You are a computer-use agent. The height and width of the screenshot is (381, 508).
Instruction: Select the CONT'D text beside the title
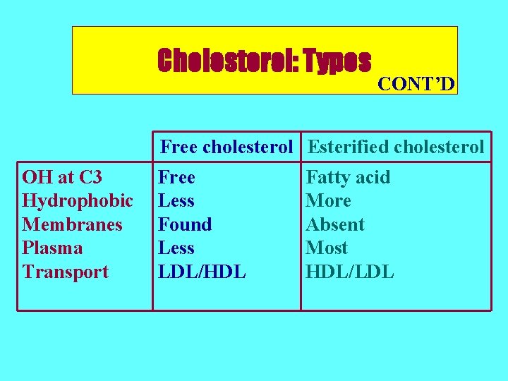tap(416, 85)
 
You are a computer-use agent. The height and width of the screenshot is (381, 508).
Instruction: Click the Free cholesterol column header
tap(226, 147)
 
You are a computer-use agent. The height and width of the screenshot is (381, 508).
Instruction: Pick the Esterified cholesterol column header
tap(397, 147)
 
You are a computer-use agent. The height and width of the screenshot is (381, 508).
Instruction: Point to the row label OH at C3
tap(62, 177)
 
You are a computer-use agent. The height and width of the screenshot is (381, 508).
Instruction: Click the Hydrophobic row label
tap(78, 201)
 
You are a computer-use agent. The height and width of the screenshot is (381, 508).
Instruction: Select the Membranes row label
tap(73, 224)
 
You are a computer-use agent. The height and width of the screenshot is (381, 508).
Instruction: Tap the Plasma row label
tap(52, 248)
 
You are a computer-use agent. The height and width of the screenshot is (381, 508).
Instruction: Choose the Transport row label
tap(66, 272)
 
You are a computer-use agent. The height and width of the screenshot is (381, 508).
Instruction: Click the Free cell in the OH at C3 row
tap(176, 177)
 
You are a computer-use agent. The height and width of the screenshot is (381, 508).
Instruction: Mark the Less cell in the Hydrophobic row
tap(176, 201)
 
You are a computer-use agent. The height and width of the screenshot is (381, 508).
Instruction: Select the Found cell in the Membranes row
tap(185, 224)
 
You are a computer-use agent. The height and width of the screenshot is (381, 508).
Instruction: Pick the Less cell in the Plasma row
tap(176, 248)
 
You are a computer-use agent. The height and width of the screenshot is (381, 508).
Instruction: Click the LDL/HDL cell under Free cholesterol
tap(202, 272)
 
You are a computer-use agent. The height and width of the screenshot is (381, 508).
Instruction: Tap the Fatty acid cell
tap(348, 177)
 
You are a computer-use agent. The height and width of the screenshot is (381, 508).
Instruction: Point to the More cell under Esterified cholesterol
tap(328, 201)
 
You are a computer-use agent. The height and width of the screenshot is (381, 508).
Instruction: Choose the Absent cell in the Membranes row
tap(335, 224)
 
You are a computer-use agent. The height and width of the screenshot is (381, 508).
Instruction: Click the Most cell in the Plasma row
tap(327, 248)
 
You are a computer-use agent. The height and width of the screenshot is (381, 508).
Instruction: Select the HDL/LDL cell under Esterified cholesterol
tap(350, 272)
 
